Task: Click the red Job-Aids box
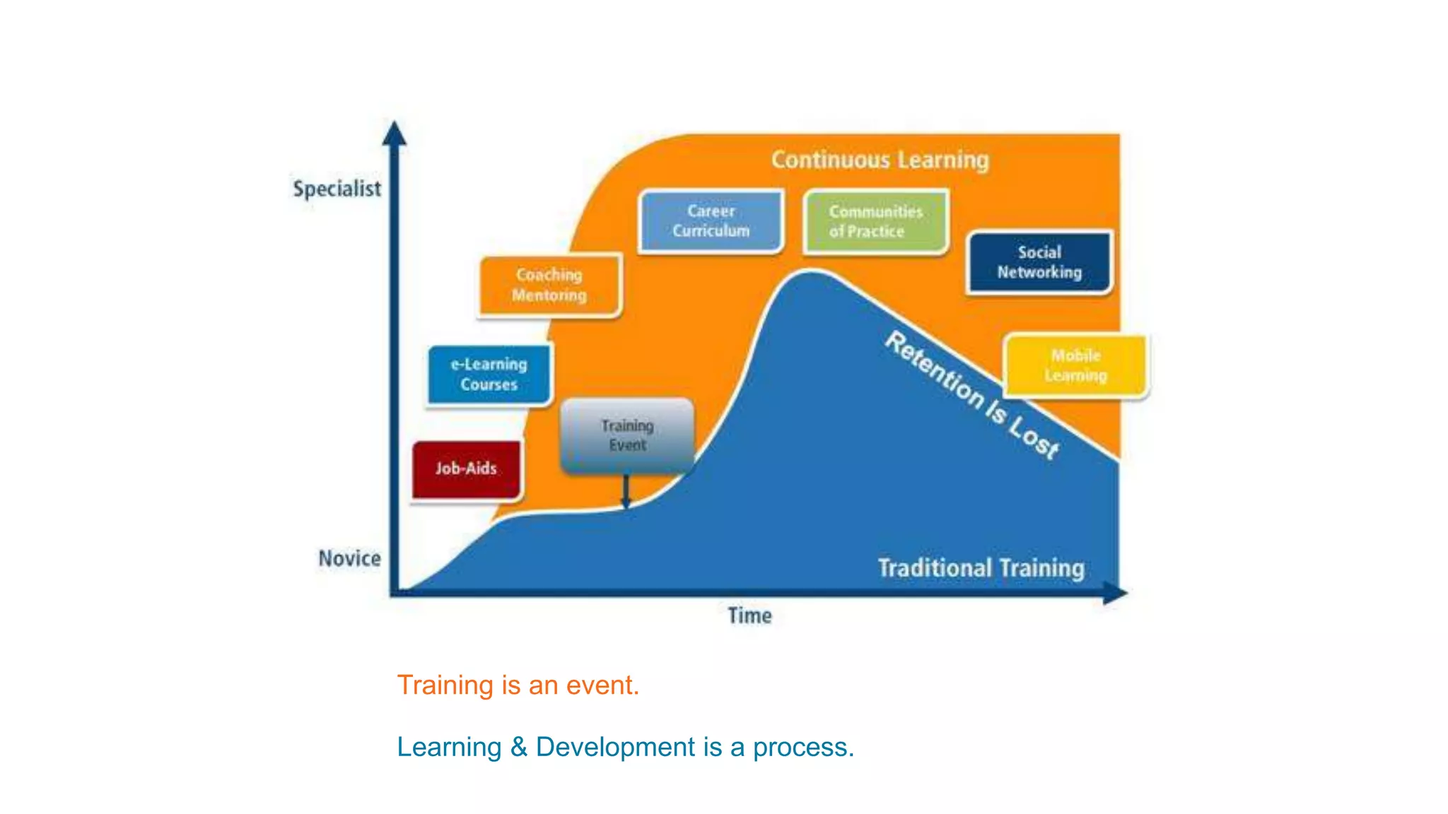coord(467,469)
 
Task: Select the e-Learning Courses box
coord(489,374)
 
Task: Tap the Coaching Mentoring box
coord(549,285)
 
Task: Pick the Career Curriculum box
coord(711,221)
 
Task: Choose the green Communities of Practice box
coord(875,221)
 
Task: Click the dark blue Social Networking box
coord(1039,262)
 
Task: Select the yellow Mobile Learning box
coord(1075,365)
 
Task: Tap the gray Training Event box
coord(627,435)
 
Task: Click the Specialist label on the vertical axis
coord(337,189)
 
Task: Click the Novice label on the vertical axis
coord(349,558)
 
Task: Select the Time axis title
coord(749,615)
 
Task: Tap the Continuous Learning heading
coord(880,160)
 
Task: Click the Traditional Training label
coord(981,568)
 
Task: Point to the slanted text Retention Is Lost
coord(972,395)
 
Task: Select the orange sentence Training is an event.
coord(518,685)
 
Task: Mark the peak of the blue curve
coord(811,273)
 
